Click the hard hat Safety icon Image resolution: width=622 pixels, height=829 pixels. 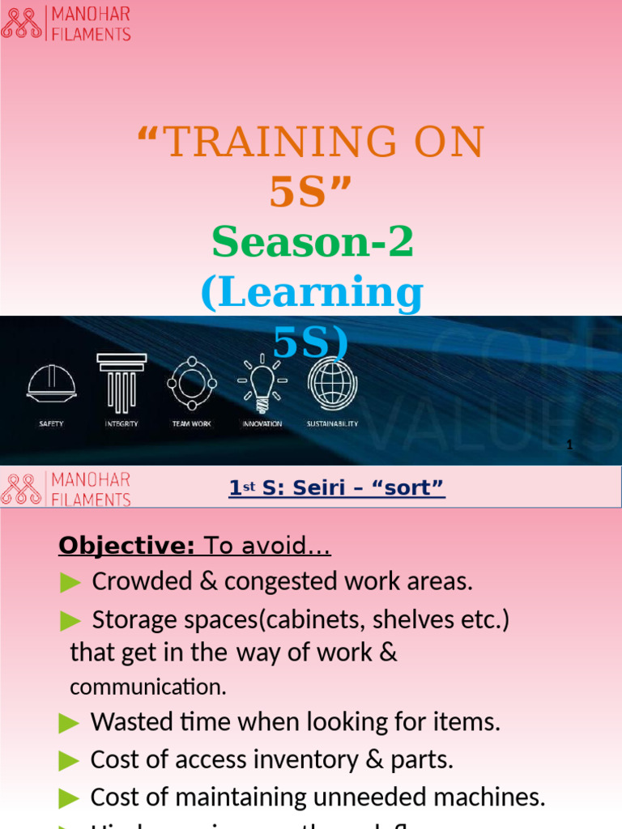click(x=52, y=381)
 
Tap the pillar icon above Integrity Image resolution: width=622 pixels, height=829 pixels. click(x=121, y=380)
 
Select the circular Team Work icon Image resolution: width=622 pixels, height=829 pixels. click(x=192, y=381)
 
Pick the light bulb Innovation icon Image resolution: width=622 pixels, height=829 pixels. click(x=262, y=381)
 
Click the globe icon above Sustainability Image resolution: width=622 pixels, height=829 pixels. click(x=332, y=381)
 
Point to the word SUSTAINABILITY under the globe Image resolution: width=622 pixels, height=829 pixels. click(x=332, y=423)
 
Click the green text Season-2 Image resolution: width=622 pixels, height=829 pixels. click(x=313, y=242)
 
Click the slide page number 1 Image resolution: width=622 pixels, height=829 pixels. click(x=570, y=445)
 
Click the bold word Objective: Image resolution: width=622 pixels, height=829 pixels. click(x=126, y=546)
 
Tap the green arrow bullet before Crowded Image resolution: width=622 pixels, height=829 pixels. click(x=70, y=581)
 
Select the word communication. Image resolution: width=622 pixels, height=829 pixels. click(x=147, y=687)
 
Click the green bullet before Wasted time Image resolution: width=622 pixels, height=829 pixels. click(x=70, y=722)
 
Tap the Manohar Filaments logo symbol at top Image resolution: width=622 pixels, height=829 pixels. click(x=21, y=23)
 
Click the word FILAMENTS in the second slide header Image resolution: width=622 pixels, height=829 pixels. click(x=91, y=499)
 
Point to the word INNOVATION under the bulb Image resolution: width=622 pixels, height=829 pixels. click(x=262, y=423)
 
